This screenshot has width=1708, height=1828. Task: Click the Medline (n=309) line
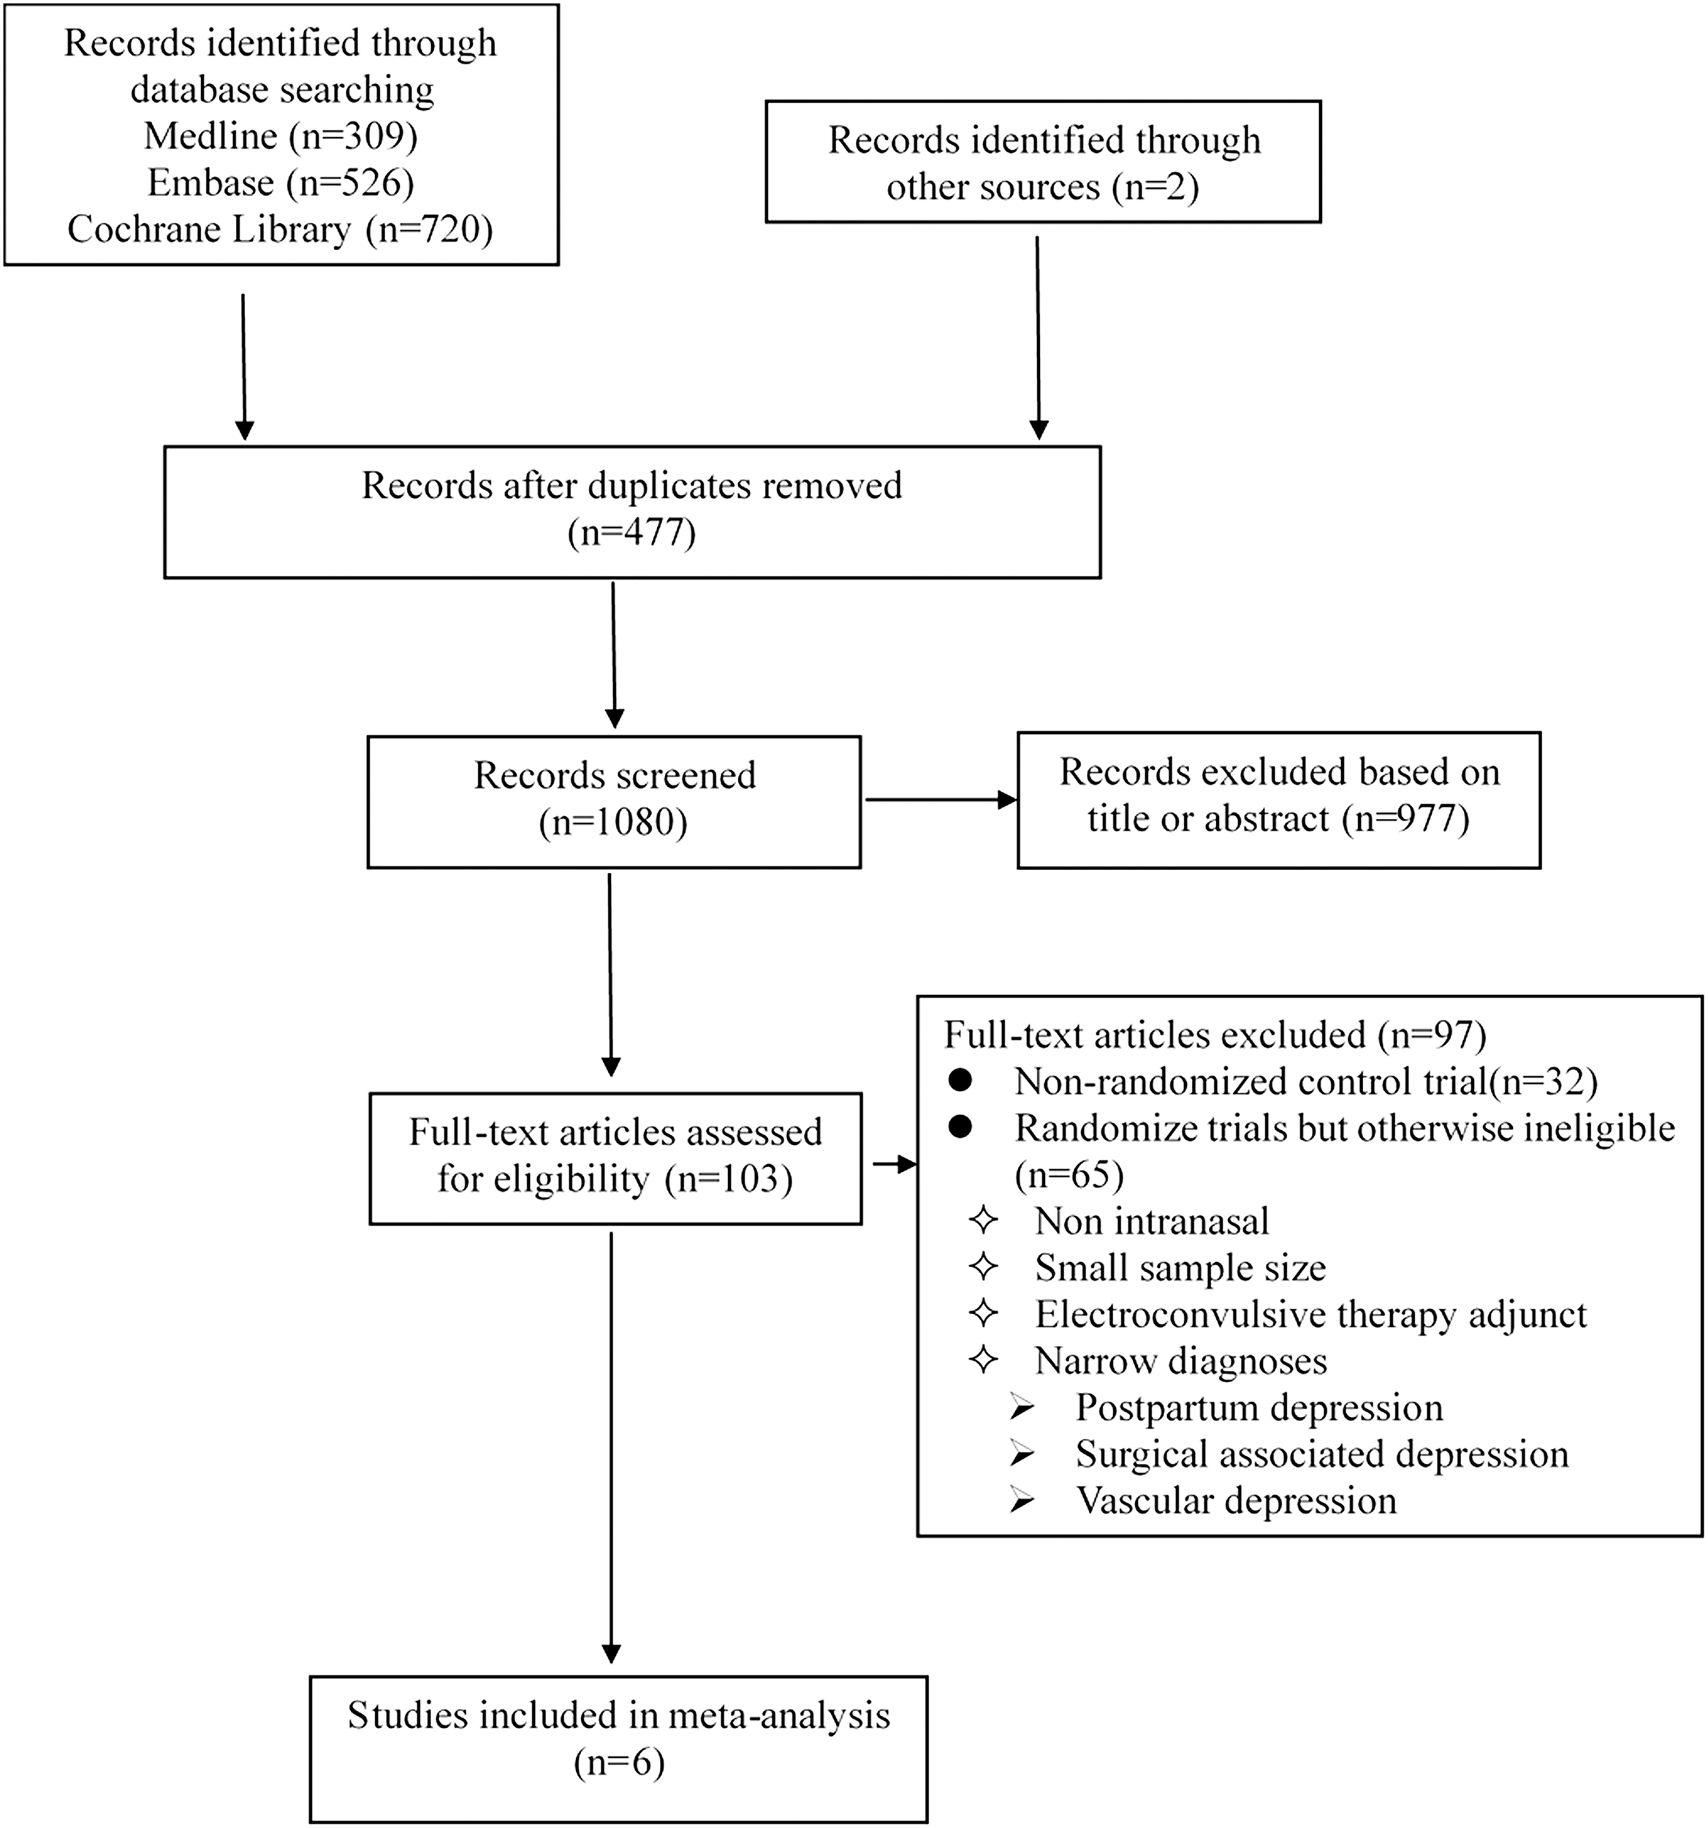281,136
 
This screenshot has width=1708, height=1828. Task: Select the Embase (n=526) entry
281,183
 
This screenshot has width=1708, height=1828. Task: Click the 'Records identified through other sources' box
1042,162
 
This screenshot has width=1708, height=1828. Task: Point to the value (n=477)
631,532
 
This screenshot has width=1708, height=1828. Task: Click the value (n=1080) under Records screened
613,822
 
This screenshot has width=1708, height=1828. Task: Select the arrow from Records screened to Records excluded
938,800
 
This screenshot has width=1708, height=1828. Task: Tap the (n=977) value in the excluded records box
1405,818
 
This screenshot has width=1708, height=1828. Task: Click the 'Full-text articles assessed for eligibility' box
615,1157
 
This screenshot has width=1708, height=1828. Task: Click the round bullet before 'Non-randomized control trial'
960,1082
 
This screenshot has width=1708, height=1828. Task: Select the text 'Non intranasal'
1151,1222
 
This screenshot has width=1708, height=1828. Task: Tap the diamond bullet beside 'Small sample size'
984,1268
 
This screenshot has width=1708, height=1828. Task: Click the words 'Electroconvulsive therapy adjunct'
1310,1315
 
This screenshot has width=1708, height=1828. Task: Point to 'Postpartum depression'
1259,1408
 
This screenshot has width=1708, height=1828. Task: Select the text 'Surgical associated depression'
1321,1454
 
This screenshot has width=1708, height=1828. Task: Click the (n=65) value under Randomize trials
1069,1175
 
